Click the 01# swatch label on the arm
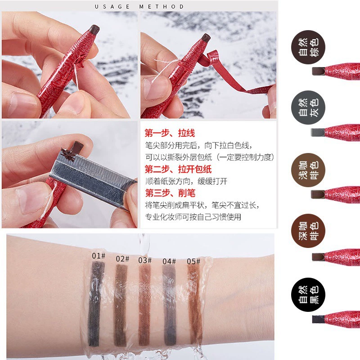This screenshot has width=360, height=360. (x=99, y=256)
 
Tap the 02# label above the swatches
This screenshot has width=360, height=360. (x=122, y=259)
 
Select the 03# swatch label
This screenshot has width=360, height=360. (x=145, y=261)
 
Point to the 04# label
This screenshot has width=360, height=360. (x=169, y=261)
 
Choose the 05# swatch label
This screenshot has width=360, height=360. (x=193, y=261)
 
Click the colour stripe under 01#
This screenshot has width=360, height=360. (x=96, y=304)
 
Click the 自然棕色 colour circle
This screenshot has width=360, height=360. (x=308, y=47)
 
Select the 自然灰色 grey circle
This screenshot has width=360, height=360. (x=308, y=108)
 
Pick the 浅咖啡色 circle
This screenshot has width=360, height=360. (x=308, y=170)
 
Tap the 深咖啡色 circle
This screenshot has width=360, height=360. (x=308, y=231)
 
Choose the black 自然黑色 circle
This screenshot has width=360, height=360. (x=308, y=295)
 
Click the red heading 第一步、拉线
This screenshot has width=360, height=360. (x=170, y=133)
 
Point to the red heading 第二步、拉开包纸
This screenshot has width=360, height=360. (x=178, y=169)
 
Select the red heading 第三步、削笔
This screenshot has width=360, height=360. (x=170, y=193)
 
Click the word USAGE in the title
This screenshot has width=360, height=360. (x=112, y=7)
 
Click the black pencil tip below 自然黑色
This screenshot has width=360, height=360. (x=319, y=319)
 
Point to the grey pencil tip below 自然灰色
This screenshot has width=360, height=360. (x=318, y=132)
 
